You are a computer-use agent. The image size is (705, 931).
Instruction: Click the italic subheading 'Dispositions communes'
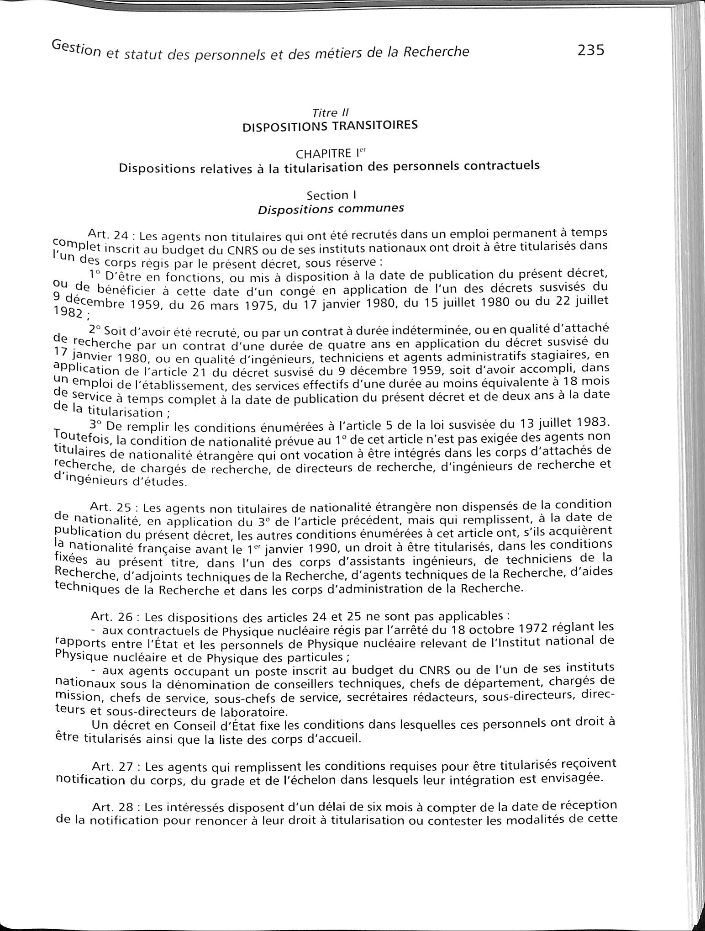[331, 209]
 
